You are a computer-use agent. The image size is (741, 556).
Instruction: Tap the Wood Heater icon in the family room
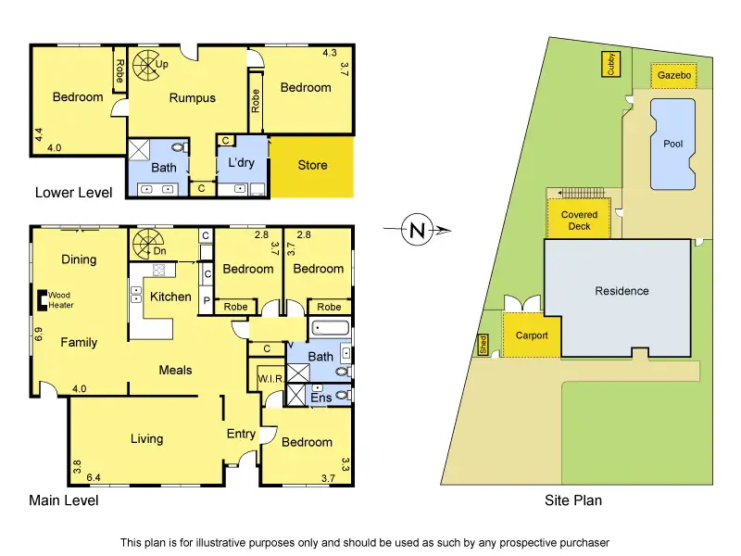point(42,299)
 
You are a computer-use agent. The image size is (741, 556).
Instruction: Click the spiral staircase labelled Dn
point(146,245)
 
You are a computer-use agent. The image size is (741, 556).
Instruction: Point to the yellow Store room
point(312,166)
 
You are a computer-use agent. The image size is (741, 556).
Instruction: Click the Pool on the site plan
point(672,144)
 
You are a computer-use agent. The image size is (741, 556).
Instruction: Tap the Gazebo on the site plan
point(673,75)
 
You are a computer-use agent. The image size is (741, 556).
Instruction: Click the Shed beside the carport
point(483,345)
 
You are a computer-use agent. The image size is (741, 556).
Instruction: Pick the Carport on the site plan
point(532,335)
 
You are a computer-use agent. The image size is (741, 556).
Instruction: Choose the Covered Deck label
point(579,221)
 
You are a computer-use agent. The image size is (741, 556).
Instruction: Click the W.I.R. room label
point(270,379)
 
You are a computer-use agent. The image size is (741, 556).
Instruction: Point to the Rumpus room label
point(192,98)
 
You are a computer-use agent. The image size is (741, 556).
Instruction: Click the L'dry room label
point(241,163)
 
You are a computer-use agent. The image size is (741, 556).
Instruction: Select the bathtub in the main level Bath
point(331,328)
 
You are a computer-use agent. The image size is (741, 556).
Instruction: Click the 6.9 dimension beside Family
point(39,334)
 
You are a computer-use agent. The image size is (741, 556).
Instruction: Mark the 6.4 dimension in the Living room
point(94,478)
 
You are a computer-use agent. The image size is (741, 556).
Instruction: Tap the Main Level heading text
point(64,500)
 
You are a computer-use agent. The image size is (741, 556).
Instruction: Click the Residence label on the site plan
point(622,291)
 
